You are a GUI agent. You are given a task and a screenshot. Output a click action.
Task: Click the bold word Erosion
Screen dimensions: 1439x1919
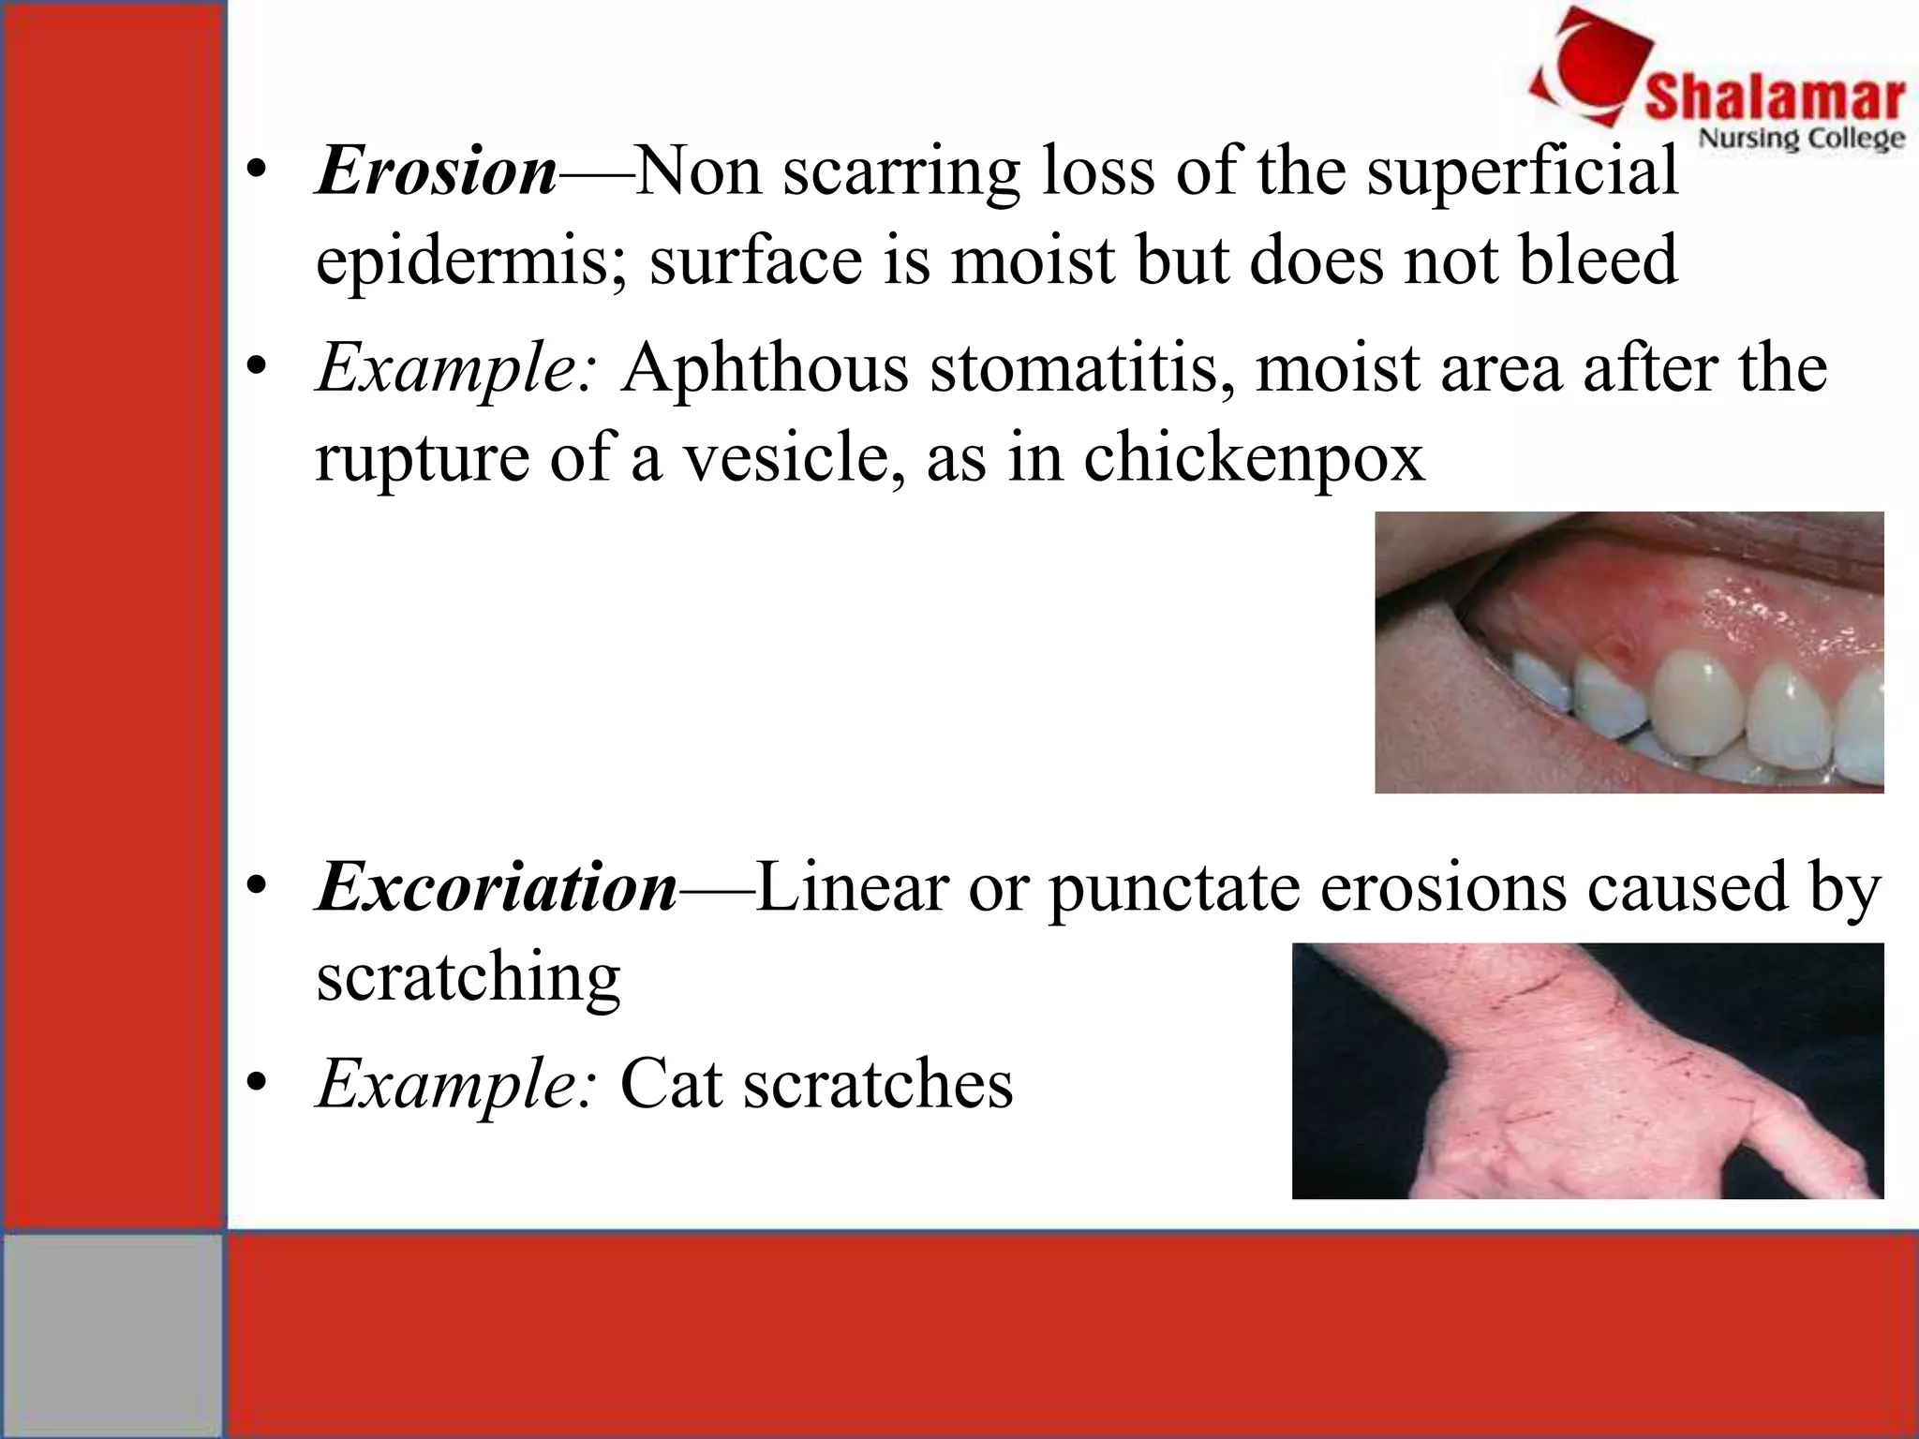coord(438,171)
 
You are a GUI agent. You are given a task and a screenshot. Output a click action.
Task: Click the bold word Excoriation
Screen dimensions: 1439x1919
coord(497,886)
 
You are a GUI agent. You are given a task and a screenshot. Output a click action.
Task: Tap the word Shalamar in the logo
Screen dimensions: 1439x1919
coord(1775,98)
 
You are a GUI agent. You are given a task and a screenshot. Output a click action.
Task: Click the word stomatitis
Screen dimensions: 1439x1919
coord(1081,367)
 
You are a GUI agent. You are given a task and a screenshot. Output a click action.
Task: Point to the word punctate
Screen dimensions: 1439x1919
coord(1174,886)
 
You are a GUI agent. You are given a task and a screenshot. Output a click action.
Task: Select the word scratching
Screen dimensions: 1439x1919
coord(468,977)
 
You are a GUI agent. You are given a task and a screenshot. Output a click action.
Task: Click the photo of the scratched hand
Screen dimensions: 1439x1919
coord(1587,1070)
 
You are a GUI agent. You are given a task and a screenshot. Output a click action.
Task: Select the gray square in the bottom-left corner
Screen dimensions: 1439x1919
coord(112,1335)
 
